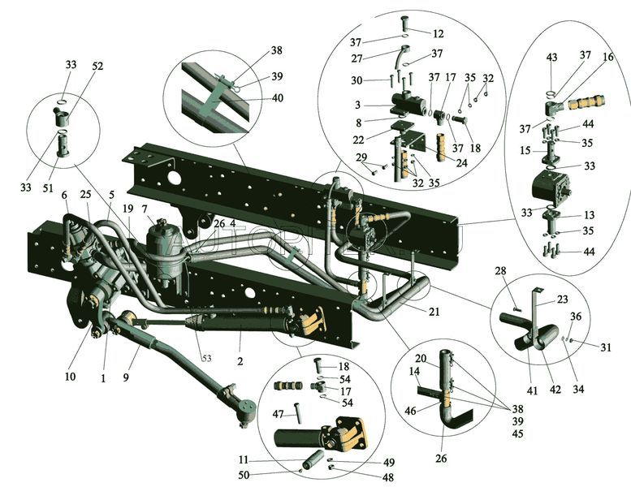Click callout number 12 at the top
point(438,34)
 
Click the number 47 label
point(278,413)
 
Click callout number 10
point(70,376)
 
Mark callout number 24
point(461,162)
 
